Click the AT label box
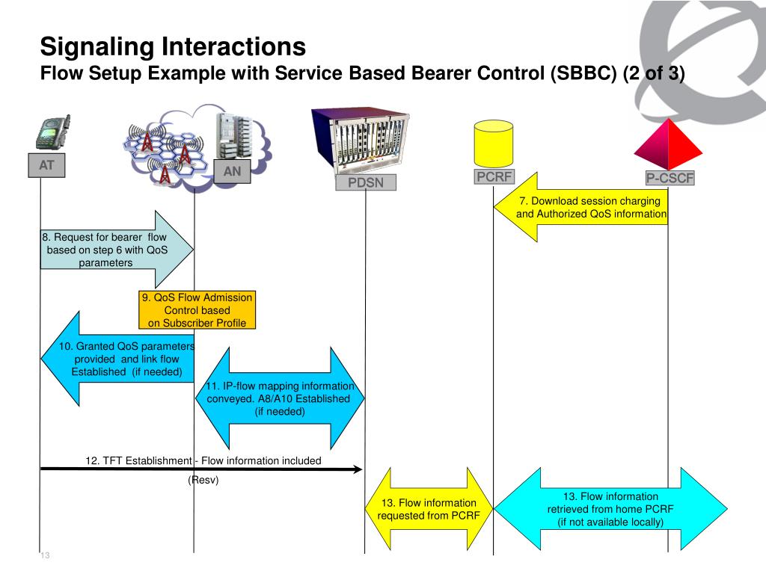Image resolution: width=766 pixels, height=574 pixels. (x=46, y=165)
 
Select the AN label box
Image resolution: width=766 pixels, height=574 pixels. (x=232, y=171)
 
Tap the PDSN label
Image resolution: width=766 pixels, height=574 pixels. (x=365, y=182)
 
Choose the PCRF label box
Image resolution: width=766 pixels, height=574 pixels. (x=494, y=176)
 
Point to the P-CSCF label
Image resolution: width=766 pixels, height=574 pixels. (x=670, y=178)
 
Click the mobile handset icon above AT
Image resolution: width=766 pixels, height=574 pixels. (x=53, y=132)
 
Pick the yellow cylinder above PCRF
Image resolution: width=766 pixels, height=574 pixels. (x=494, y=143)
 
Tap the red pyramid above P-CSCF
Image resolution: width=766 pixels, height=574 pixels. (x=668, y=144)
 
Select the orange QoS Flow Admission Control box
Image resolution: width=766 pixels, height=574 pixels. (x=197, y=310)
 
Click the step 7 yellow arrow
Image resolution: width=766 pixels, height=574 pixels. (x=580, y=207)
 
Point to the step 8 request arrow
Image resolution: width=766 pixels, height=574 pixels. (x=117, y=250)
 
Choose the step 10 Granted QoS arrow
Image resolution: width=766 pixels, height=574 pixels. (x=117, y=359)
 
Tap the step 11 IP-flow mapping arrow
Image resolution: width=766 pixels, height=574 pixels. (x=280, y=398)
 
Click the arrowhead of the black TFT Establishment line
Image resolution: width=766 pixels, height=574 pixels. (x=358, y=469)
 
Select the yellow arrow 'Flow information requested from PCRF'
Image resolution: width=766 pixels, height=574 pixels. (x=429, y=508)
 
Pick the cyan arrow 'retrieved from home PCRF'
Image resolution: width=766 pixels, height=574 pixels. (x=610, y=508)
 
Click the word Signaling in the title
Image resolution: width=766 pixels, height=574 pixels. (x=98, y=47)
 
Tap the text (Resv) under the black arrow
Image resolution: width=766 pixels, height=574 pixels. (x=203, y=481)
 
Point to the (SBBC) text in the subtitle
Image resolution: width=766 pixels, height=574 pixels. (x=583, y=73)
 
